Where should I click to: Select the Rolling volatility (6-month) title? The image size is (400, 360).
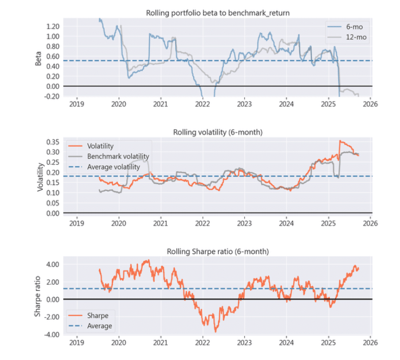tap(217, 132)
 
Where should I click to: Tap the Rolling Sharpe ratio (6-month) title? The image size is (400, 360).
tap(217, 252)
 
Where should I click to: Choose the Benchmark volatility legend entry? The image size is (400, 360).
tap(118, 156)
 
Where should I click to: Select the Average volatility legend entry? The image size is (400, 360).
tap(113, 167)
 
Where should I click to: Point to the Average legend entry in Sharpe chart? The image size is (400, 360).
tap(99, 326)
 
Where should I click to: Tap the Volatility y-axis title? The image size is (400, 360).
tap(40, 177)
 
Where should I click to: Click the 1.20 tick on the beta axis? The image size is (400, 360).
tap(53, 26)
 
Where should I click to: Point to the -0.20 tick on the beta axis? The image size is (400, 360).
tap(52, 96)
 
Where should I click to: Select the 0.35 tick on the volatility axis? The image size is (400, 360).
tap(53, 142)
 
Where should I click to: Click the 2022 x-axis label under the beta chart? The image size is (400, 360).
tap(202, 103)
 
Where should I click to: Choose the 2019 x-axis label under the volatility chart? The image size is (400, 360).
tap(77, 222)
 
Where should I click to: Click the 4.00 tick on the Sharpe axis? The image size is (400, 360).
tap(53, 264)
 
